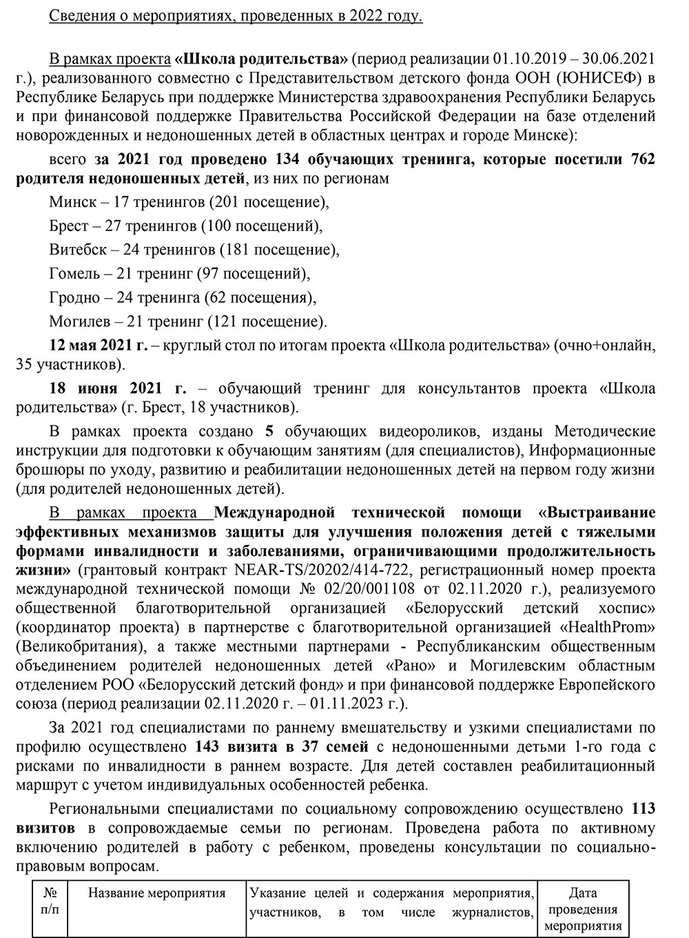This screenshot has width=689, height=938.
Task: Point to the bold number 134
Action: coord(287,160)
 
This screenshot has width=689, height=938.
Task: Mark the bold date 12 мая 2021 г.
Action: coord(99,345)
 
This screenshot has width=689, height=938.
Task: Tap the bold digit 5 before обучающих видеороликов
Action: coord(269,432)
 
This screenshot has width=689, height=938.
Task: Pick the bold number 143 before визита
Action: coord(209,746)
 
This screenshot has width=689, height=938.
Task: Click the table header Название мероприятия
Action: coord(157,894)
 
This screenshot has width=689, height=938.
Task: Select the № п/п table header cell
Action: coord(50,901)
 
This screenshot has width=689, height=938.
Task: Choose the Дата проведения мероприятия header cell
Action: coord(583,910)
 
